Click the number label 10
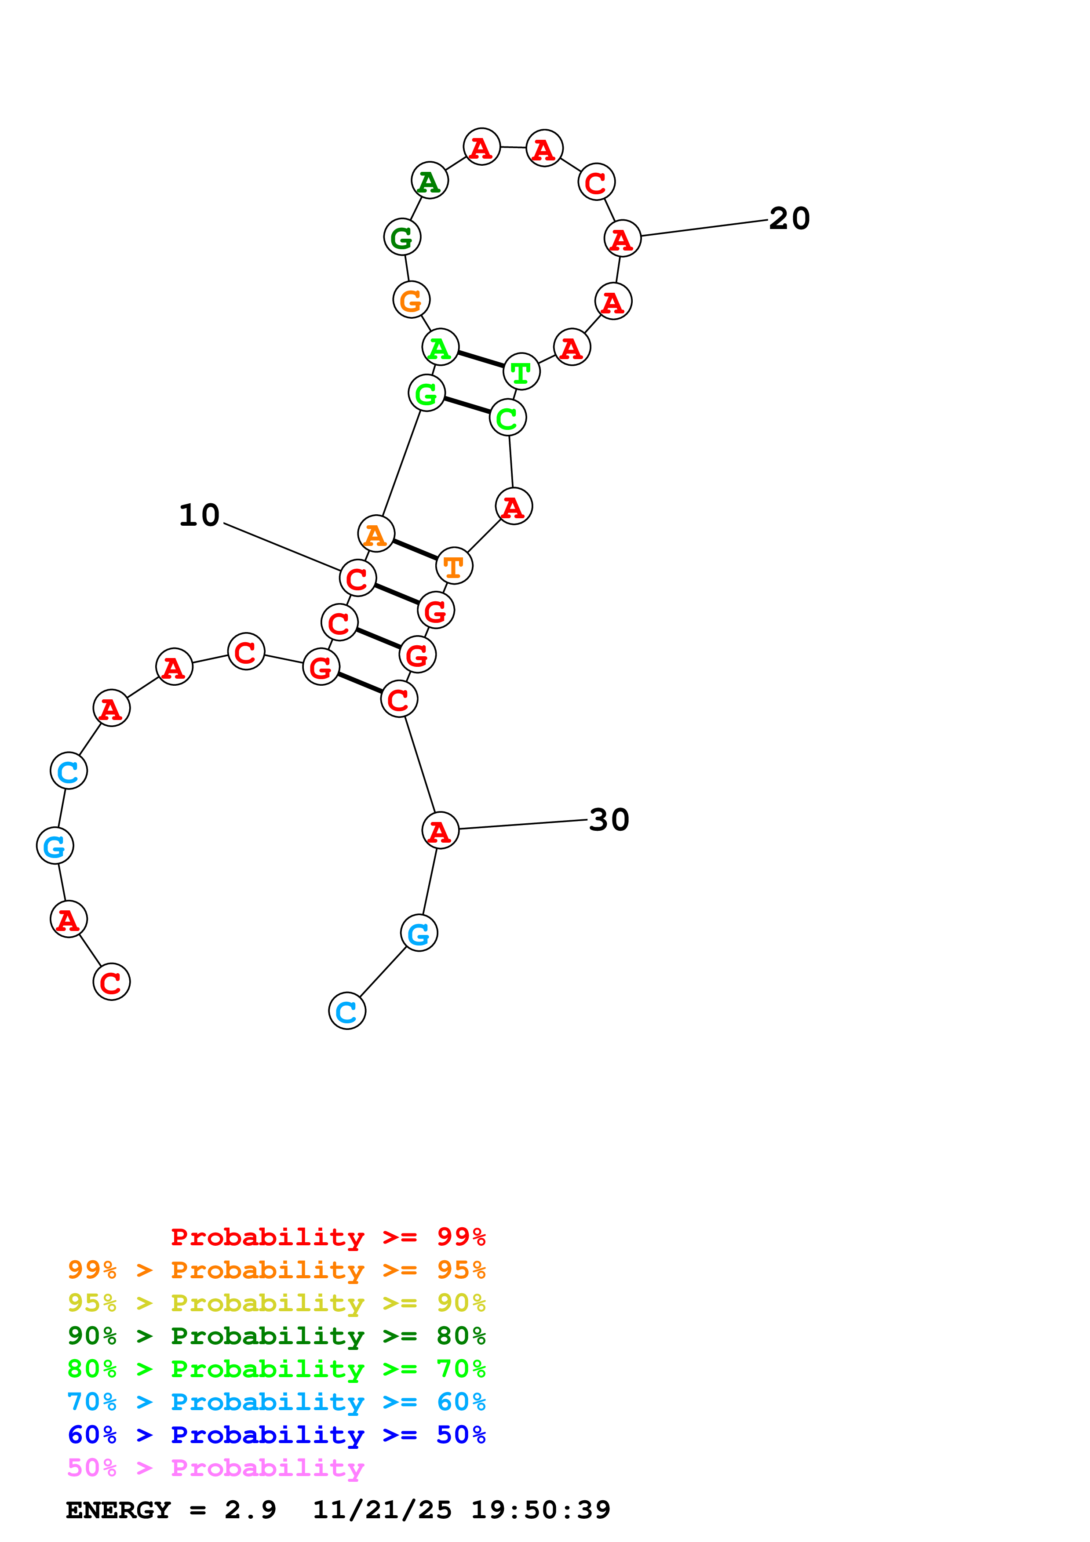pyautogui.click(x=200, y=515)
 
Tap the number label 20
pyautogui.click(x=789, y=218)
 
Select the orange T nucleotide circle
pyautogui.click(x=454, y=566)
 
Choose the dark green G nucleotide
pyautogui.click(x=401, y=237)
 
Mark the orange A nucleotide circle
pyautogui.click(x=375, y=534)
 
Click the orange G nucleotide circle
pyautogui.click(x=411, y=300)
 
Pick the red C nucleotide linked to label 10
pyautogui.click(x=357, y=578)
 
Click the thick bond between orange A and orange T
pyautogui.click(x=415, y=550)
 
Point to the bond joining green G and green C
pyautogui.click(x=467, y=405)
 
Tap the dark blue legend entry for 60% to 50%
pyautogui.click(x=276, y=1435)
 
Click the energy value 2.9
pyautogui.click(x=250, y=1510)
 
